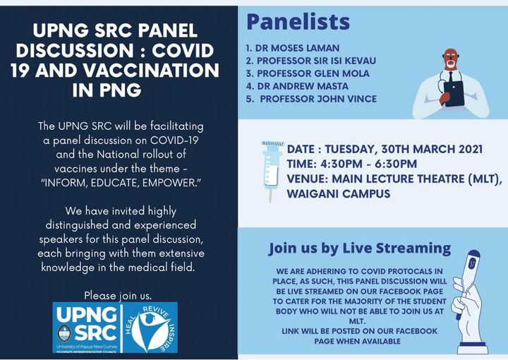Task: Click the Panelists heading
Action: [298, 22]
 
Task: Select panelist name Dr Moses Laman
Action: [293, 48]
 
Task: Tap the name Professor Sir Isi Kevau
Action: [311, 61]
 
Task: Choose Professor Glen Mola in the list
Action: [308, 73]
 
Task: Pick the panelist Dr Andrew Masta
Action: [297, 86]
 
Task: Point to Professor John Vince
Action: [311, 99]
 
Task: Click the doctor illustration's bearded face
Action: [452, 59]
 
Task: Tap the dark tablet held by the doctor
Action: [454, 94]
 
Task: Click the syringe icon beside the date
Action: [272, 171]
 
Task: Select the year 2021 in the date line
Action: [471, 149]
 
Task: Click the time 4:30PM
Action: [341, 164]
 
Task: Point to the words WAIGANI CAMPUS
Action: [339, 193]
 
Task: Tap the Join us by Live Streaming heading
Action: [360, 248]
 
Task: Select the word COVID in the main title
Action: [183, 51]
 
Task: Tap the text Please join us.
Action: [118, 296]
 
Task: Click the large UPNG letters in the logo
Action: [87, 315]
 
